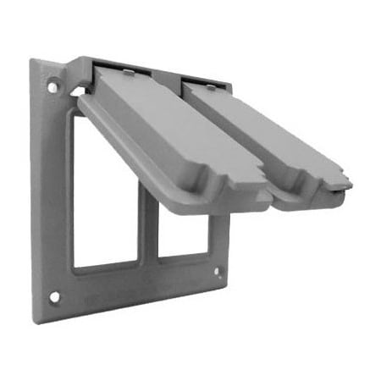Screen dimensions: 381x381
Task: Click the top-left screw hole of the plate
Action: tap(52, 86)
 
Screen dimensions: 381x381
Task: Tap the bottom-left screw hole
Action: tap(54, 297)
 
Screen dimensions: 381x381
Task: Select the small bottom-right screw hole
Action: tap(218, 273)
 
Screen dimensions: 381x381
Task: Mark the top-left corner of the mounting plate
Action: tap(32, 61)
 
